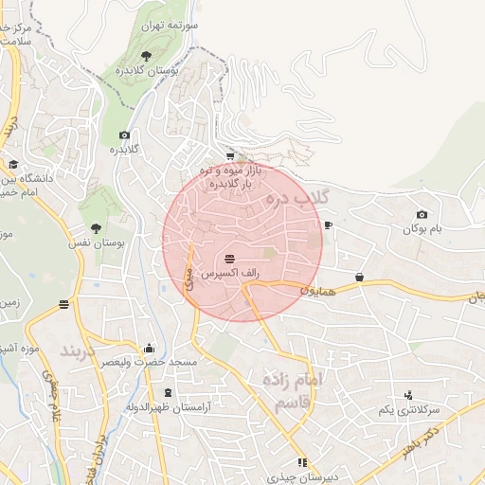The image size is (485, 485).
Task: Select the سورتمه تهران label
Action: pyautogui.click(x=171, y=27)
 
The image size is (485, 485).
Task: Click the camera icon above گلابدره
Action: pyautogui.click(x=124, y=135)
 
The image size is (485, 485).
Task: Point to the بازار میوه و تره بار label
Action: pyautogui.click(x=230, y=175)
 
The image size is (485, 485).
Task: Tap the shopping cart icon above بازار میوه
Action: pyautogui.click(x=230, y=156)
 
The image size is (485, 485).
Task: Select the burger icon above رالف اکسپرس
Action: pyautogui.click(x=230, y=259)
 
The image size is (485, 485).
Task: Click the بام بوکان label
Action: pyautogui.click(x=422, y=229)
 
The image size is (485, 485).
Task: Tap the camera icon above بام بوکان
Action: pyautogui.click(x=422, y=215)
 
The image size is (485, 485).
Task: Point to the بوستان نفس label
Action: pyautogui.click(x=95, y=243)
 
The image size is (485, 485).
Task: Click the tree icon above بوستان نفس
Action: pyautogui.click(x=96, y=227)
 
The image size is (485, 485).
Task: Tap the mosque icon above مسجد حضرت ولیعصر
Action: pyautogui.click(x=149, y=348)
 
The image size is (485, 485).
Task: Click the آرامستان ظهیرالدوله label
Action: pyautogui.click(x=169, y=407)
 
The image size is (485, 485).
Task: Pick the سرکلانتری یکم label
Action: pyautogui.click(x=409, y=409)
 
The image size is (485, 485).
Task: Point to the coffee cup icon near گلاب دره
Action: pyautogui.click(x=328, y=225)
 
